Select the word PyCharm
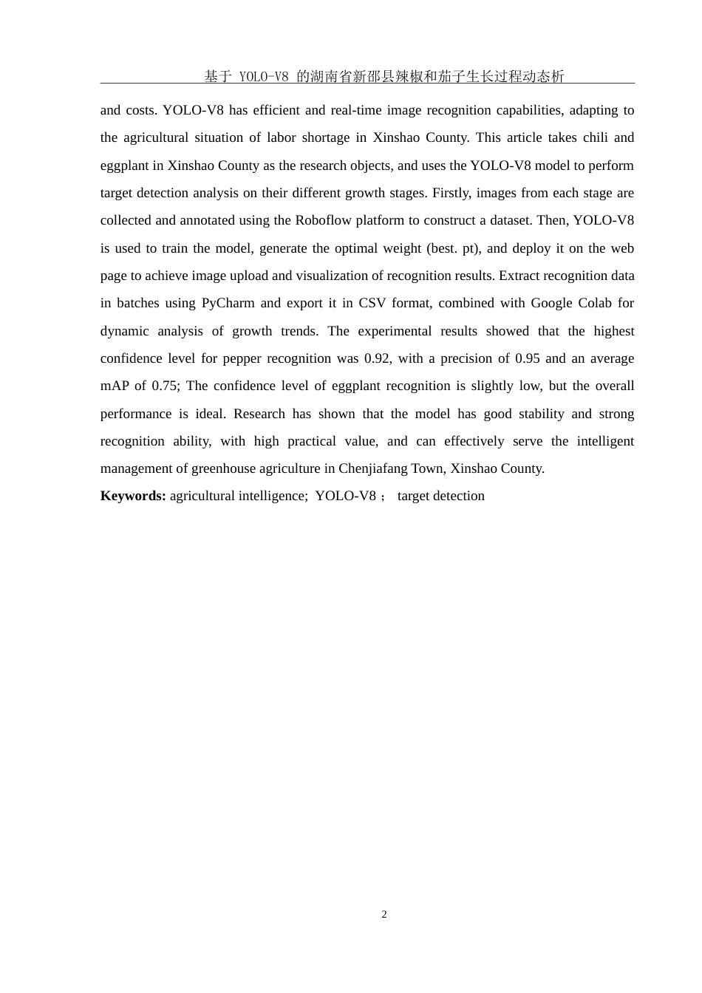point(228,303)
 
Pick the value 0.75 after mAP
point(164,386)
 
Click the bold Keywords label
point(133,496)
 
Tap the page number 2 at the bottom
point(384,915)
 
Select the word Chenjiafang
point(374,468)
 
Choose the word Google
point(553,303)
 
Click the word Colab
point(599,303)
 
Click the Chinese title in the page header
point(384,76)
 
